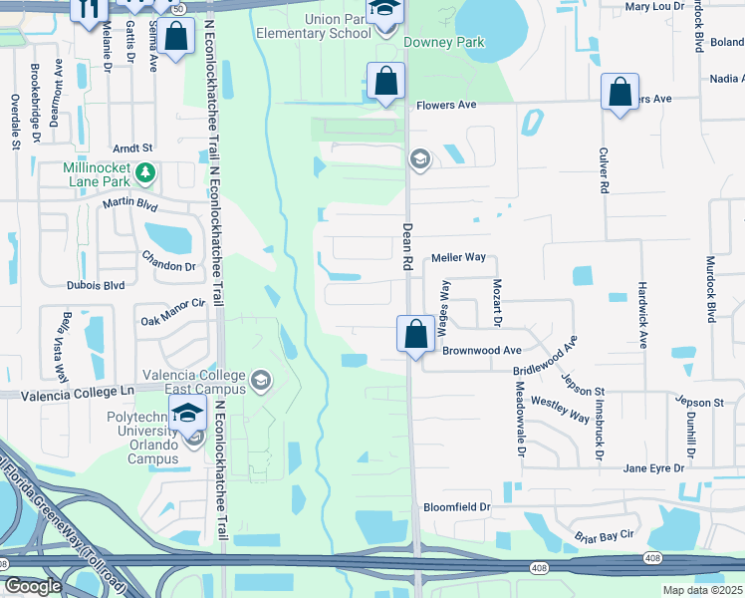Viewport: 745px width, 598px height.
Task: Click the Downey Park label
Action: [444, 43]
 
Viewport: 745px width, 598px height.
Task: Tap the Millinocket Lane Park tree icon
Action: [145, 173]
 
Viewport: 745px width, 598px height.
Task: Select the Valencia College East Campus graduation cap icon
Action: [261, 379]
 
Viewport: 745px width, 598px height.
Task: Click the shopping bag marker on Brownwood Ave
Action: [414, 333]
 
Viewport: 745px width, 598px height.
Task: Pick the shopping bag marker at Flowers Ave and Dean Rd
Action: [384, 81]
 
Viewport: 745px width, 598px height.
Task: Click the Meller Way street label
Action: [458, 257]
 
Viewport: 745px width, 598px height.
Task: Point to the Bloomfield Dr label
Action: [457, 507]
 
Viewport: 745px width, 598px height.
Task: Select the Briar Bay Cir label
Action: [605, 536]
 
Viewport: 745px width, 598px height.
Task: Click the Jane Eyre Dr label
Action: [653, 467]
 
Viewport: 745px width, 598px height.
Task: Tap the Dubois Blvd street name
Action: [96, 285]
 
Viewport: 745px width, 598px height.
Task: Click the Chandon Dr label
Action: [168, 266]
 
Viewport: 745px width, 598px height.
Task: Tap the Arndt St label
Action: [131, 147]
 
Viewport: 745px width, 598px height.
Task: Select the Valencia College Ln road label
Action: [84, 393]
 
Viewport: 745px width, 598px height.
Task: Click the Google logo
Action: [33, 587]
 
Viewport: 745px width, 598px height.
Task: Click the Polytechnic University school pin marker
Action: [187, 414]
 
